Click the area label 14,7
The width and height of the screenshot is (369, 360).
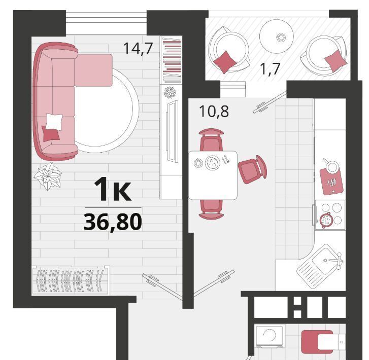point(138,49)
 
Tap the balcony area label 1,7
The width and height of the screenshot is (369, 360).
point(270,68)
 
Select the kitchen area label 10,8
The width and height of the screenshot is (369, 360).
point(214,111)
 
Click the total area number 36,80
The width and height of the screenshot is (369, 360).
point(113,222)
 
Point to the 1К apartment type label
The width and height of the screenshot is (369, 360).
point(113,189)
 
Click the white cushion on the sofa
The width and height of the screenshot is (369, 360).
point(54,121)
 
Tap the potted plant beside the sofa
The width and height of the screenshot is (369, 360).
point(48,175)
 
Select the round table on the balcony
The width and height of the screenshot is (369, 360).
point(277,37)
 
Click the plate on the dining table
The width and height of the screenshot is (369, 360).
point(212,162)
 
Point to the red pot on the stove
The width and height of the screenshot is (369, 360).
point(326,220)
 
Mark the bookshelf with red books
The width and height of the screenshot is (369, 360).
point(171,60)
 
